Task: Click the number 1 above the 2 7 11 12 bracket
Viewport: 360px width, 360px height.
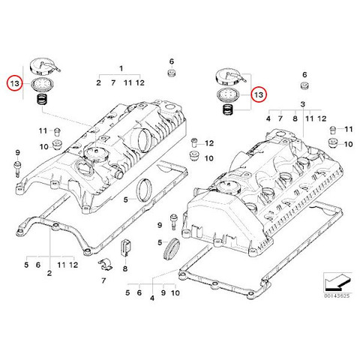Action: pyautogui.click(x=121, y=68)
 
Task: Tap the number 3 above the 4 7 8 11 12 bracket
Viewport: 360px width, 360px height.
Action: pyautogui.click(x=303, y=104)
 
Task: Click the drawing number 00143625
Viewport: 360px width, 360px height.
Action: pyautogui.click(x=337, y=296)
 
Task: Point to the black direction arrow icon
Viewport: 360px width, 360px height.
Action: pyautogui.click(x=337, y=282)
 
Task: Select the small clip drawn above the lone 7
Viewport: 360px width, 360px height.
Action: pyautogui.click(x=105, y=264)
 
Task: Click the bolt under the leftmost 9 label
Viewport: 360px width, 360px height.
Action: pyautogui.click(x=17, y=169)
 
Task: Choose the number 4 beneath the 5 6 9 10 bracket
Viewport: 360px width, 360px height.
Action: pyautogui.click(x=152, y=298)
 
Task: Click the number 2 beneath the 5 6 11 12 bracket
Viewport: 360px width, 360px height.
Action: pyautogui.click(x=49, y=273)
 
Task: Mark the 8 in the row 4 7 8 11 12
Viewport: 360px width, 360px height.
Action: pyautogui.click(x=295, y=118)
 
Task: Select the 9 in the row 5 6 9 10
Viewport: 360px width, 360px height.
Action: pyautogui.click(x=163, y=292)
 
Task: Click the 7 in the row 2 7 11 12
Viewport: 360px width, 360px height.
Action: pyautogui.click(x=113, y=82)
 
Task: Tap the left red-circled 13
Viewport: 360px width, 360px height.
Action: pyautogui.click(x=14, y=83)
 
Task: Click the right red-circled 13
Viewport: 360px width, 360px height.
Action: pyautogui.click(x=259, y=94)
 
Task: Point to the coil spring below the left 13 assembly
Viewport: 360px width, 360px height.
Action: pyautogui.click(x=42, y=100)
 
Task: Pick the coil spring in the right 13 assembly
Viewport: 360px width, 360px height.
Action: pyautogui.click(x=228, y=109)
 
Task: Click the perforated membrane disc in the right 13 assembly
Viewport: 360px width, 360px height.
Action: pyautogui.click(x=228, y=95)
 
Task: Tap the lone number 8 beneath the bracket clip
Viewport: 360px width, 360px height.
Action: pyautogui.click(x=125, y=268)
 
